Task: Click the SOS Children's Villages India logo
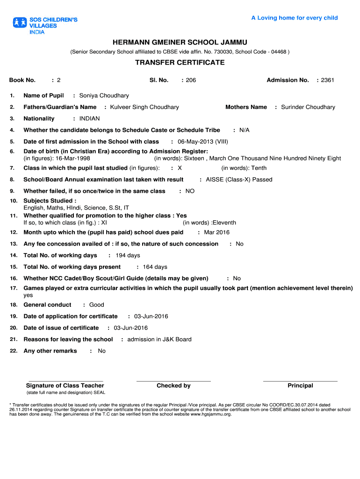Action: (x=45, y=26)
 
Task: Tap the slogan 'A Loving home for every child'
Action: (x=294, y=18)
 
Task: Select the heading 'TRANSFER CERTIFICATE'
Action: (x=180, y=63)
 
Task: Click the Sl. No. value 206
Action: (x=191, y=80)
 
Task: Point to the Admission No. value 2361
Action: (x=327, y=80)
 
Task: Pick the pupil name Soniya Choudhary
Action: (x=104, y=96)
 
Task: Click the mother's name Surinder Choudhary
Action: (x=308, y=107)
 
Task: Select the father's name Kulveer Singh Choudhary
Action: (x=144, y=107)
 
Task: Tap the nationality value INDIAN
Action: (x=89, y=119)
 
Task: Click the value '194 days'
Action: (x=127, y=255)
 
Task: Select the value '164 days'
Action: (x=155, y=267)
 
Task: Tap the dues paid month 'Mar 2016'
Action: (x=216, y=232)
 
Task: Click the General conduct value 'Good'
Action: (x=96, y=305)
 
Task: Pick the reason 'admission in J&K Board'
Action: (x=159, y=340)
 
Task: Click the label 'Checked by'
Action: (x=173, y=386)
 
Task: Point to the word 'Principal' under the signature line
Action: (x=300, y=386)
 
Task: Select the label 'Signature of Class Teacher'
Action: (x=65, y=386)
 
